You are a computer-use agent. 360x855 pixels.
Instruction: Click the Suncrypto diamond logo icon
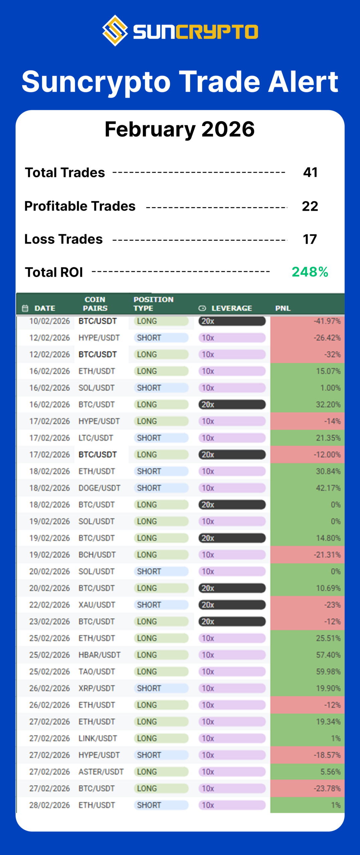coord(115,31)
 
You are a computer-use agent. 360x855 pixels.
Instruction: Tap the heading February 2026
coord(180,129)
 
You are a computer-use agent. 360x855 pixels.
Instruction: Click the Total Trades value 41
coord(310,172)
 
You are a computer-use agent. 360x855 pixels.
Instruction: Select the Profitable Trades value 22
coord(310,206)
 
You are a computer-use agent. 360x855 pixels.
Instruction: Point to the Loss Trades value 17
coord(310,239)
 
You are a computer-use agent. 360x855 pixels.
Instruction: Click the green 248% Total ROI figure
coord(310,272)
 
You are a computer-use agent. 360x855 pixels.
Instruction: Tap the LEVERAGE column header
coord(231,308)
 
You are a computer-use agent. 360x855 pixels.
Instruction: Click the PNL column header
coord(283,308)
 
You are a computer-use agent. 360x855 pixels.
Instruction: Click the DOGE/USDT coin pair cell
coord(99,488)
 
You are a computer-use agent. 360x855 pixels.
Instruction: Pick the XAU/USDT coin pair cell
coord(97,605)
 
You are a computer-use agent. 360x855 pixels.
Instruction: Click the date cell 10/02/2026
coord(49,321)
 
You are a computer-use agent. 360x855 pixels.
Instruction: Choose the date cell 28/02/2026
coord(49,805)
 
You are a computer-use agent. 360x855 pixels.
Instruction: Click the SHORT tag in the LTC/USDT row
coord(149,438)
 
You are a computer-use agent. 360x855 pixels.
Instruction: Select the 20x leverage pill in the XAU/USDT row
coord(232,605)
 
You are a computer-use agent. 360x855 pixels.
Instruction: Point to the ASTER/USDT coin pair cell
coord(101,772)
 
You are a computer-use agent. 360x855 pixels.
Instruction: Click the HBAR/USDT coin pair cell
coord(99,655)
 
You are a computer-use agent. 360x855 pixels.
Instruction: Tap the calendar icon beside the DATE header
coord(25,308)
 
